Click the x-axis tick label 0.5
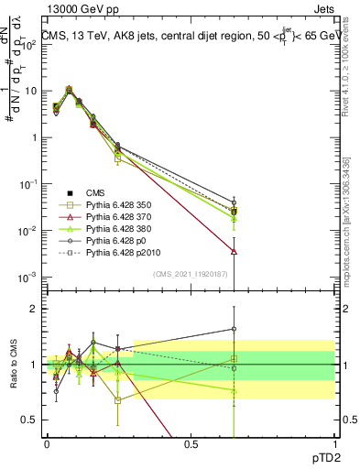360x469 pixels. [x=191, y=443]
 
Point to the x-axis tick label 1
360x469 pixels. [x=334, y=443]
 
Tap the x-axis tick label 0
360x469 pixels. [x=48, y=443]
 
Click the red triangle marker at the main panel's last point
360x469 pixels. [x=235, y=250]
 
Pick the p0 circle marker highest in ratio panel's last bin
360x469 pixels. [x=235, y=329]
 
